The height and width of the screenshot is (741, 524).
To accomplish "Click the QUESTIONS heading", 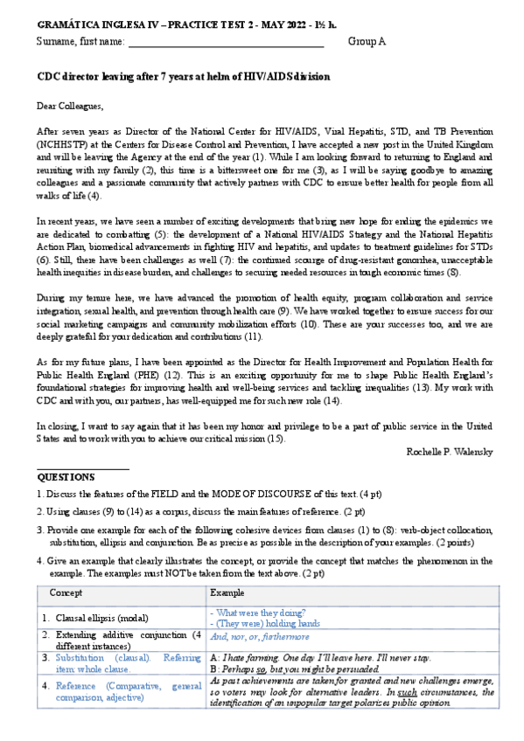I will click(66, 477).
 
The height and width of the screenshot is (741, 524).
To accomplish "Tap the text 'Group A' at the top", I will click(367, 41).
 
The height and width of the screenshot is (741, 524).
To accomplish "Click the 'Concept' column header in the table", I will click(66, 592).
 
